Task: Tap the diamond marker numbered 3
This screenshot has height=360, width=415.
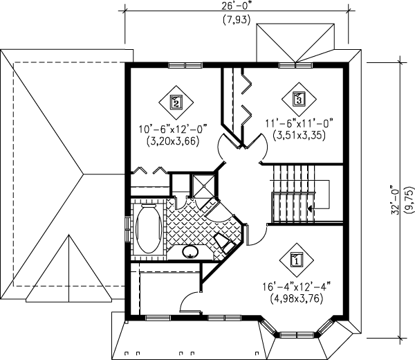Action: (298, 99)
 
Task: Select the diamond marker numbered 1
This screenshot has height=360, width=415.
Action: (295, 260)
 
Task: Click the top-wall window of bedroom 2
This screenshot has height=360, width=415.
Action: (185, 66)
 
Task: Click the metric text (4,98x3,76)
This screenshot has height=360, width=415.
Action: (297, 299)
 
